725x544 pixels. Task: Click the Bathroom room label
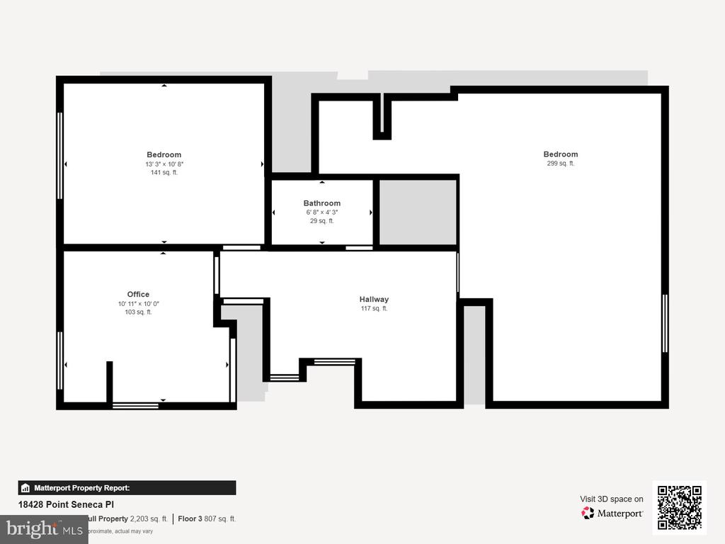tap(322, 203)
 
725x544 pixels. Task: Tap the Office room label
tap(138, 295)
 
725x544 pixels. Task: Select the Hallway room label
tap(374, 300)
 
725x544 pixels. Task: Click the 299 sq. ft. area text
tap(561, 164)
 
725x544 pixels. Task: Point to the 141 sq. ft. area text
tap(164, 172)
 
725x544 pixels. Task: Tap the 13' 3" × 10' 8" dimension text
tap(164, 164)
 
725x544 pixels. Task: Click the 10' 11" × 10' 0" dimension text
tap(139, 303)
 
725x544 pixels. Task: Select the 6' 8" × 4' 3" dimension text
tap(322, 212)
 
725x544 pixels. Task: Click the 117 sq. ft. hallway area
tap(374, 308)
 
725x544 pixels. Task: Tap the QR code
tap(680, 507)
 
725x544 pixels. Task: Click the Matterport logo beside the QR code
tap(612, 513)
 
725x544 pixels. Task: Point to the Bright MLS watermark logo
tap(44, 528)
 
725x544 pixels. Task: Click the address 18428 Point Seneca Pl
tap(66, 504)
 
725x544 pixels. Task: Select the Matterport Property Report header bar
tap(127, 487)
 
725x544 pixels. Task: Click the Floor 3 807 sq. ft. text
tap(207, 518)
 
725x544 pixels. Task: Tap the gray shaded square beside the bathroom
tap(418, 212)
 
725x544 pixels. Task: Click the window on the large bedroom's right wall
tap(665, 323)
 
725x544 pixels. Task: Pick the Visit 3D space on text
tap(612, 499)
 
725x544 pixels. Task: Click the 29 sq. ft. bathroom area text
tap(322, 221)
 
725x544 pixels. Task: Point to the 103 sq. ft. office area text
tap(139, 312)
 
